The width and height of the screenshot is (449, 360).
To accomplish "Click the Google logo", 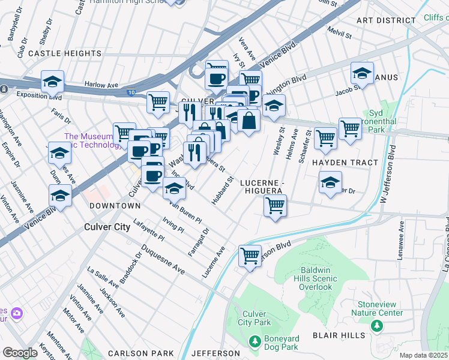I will point(20,353).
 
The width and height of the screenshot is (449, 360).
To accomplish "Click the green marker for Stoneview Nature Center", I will point(376,326).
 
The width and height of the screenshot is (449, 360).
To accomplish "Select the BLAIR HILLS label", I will point(338,335).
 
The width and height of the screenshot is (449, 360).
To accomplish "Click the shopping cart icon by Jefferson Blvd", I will point(250,256).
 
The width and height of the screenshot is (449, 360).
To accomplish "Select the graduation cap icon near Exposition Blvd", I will point(52,81).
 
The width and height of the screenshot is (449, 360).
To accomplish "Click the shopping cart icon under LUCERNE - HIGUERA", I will point(275,205).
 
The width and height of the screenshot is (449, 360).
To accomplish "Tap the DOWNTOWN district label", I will point(115,206).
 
